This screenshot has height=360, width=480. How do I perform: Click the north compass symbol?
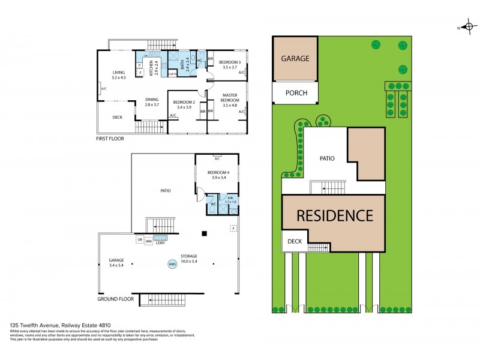click(x=466, y=27)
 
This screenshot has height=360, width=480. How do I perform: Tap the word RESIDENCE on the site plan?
click(x=333, y=215)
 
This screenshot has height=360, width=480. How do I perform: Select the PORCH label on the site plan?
click(x=296, y=93)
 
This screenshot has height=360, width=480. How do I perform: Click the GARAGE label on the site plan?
click(x=295, y=58)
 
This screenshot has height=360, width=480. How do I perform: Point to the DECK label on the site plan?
click(x=294, y=241)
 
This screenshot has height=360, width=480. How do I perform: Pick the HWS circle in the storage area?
click(x=172, y=263)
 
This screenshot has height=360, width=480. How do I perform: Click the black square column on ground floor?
click(x=204, y=233)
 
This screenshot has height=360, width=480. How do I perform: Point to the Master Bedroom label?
click(x=230, y=98)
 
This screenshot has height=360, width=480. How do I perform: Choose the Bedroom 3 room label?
click(x=230, y=62)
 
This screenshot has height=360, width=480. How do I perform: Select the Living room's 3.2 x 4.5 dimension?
click(x=118, y=77)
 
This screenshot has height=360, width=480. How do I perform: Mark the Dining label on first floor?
click(x=151, y=100)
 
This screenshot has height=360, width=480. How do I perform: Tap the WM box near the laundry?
click(x=148, y=241)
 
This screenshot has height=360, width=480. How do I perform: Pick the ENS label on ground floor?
click(x=230, y=197)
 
